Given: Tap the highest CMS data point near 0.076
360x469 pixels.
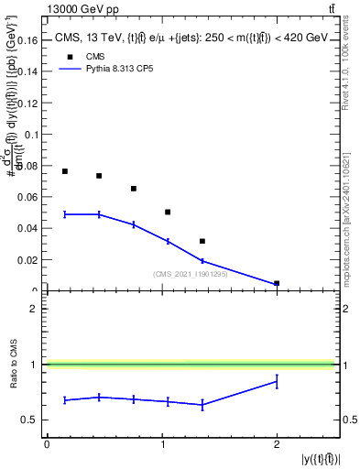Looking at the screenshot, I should click(x=65, y=171).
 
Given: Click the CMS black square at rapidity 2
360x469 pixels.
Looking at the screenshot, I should click(x=277, y=283).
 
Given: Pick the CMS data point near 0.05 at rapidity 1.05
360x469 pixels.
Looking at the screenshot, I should click(x=168, y=212).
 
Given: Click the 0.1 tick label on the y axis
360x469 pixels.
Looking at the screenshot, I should click(x=32, y=135).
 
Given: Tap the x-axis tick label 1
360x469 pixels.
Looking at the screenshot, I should click(x=161, y=443).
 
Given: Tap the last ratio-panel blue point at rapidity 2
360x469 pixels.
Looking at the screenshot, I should click(x=277, y=381).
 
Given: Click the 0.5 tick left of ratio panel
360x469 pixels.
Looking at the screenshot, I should click(x=32, y=420).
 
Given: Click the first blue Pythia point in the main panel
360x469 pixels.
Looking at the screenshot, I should click(x=65, y=214).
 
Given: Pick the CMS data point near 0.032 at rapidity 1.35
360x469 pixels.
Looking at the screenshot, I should click(x=202, y=241).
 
